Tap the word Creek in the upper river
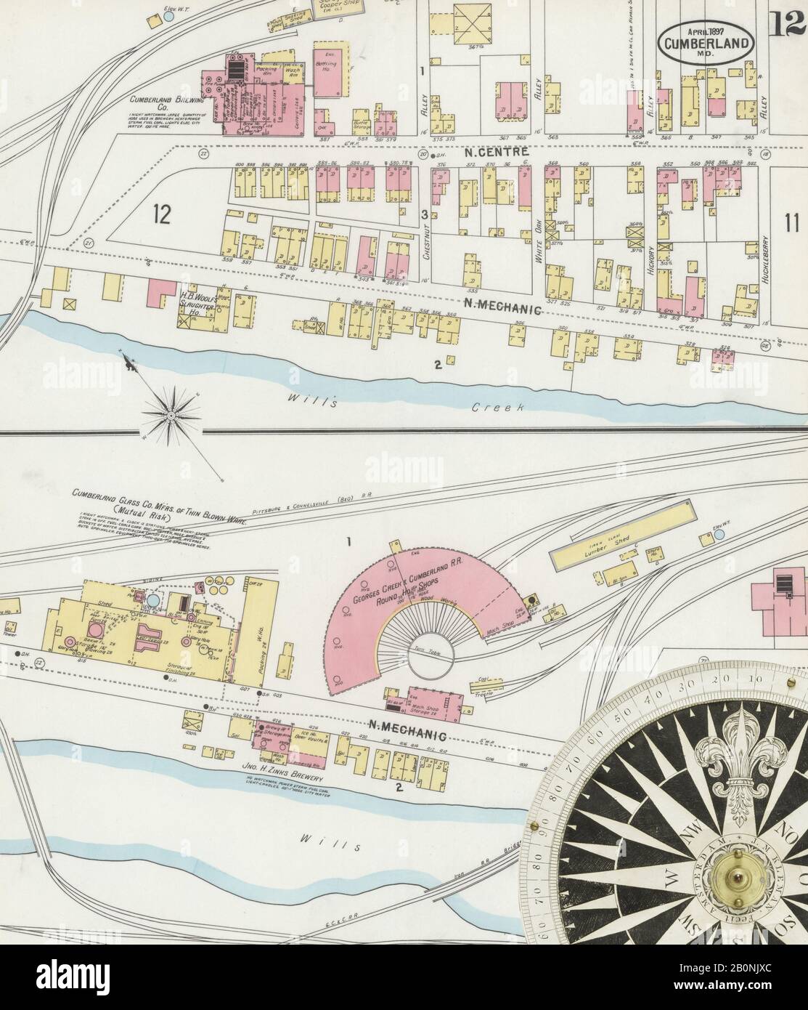(497, 408)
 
